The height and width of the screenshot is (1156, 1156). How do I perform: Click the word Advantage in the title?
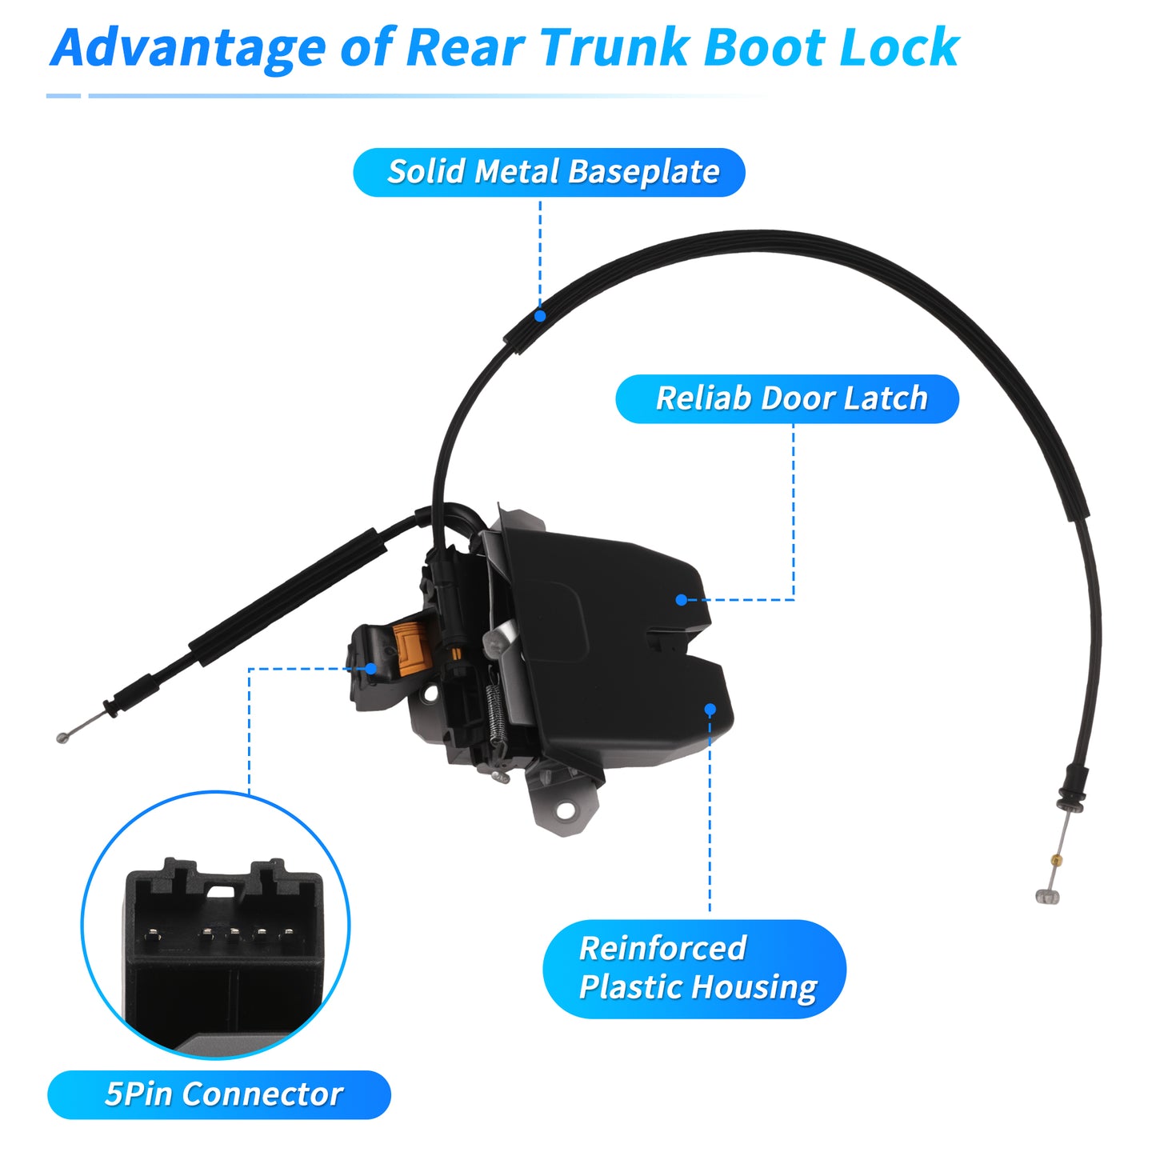coord(188,49)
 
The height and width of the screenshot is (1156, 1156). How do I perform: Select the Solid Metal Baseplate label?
coord(549,172)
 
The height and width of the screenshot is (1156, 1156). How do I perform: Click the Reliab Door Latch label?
coord(787,399)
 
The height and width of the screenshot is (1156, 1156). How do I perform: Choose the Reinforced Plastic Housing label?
coord(694,969)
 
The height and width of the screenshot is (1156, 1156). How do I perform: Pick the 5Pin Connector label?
coord(219,1095)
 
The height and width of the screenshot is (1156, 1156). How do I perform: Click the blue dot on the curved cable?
coord(540,315)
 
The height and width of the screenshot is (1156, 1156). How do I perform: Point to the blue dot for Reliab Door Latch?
coord(681,599)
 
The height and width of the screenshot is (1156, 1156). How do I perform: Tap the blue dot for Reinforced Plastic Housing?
coord(710,710)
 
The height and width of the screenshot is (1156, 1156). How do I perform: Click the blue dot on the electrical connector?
coord(370,668)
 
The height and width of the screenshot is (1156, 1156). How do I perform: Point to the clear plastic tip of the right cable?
coord(1047,896)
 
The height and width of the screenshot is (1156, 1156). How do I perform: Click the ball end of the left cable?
coord(61,738)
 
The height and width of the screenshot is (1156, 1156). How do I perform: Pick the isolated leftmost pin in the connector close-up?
coord(152,934)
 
